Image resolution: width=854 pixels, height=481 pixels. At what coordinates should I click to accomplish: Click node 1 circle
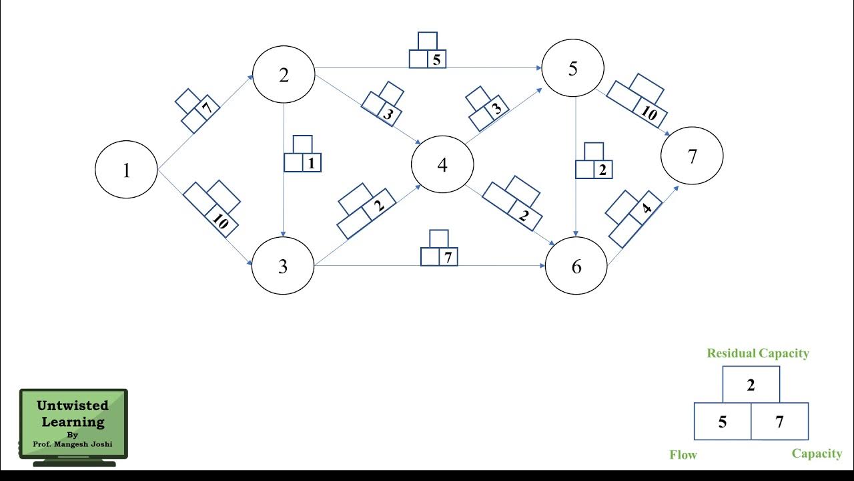(x=126, y=170)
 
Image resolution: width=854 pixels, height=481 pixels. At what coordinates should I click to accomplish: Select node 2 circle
(x=284, y=75)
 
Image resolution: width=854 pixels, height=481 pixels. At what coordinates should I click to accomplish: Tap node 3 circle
(x=282, y=266)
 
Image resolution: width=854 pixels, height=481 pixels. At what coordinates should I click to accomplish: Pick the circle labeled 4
(x=442, y=164)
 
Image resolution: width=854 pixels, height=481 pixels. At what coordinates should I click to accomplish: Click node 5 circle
(x=573, y=68)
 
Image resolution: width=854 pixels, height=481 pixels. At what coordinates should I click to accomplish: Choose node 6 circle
(x=576, y=267)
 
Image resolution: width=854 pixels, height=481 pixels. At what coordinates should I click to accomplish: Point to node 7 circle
(x=692, y=156)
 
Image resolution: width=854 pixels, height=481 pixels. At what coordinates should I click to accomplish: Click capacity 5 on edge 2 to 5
(x=436, y=59)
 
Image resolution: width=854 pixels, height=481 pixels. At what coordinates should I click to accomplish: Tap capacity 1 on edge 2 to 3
(x=311, y=163)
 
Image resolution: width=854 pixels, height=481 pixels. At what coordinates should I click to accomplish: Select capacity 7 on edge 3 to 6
(x=448, y=257)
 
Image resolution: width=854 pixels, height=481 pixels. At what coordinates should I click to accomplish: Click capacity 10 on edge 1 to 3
(x=221, y=222)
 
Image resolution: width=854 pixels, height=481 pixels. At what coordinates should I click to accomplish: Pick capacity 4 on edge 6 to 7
(x=646, y=208)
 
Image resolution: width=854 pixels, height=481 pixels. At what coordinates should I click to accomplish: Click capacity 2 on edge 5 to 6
(x=602, y=170)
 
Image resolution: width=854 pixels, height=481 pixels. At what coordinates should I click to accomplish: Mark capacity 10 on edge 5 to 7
(x=649, y=114)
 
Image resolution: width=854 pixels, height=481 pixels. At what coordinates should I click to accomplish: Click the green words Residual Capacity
(x=758, y=353)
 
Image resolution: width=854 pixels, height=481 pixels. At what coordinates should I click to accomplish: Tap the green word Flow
(x=683, y=455)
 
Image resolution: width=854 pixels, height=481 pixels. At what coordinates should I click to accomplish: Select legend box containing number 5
(x=723, y=422)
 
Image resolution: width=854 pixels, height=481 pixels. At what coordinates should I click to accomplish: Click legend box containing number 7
(x=779, y=422)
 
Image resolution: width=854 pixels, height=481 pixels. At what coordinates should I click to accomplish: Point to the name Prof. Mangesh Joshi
(x=72, y=444)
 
